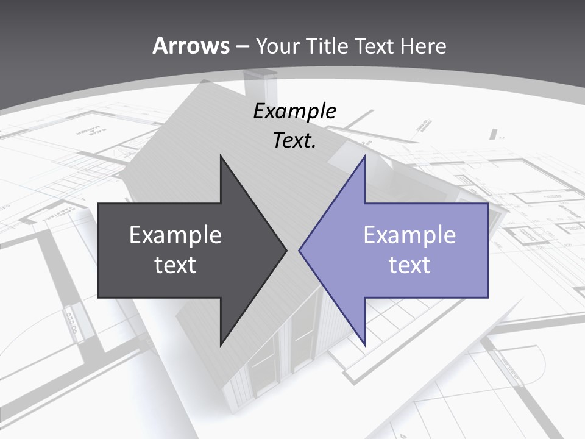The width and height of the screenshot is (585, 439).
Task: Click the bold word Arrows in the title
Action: (x=191, y=46)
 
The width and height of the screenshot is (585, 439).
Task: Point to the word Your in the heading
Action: (x=277, y=46)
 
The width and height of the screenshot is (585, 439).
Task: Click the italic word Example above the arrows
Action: (x=295, y=111)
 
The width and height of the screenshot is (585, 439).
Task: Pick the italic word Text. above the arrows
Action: (x=295, y=140)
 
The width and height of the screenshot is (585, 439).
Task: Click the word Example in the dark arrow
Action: (x=175, y=235)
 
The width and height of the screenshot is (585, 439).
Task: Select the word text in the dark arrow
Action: (x=175, y=265)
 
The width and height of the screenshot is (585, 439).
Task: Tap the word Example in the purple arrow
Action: (x=409, y=235)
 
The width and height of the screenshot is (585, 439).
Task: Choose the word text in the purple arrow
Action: (x=409, y=265)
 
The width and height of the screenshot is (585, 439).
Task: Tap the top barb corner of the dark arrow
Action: (x=221, y=156)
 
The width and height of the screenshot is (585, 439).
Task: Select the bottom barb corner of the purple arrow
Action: (x=364, y=344)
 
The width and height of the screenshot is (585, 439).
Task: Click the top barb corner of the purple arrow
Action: (x=364, y=156)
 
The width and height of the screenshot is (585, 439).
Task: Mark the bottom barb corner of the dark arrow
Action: (x=221, y=344)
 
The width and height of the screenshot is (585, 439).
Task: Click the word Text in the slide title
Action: (x=374, y=46)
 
